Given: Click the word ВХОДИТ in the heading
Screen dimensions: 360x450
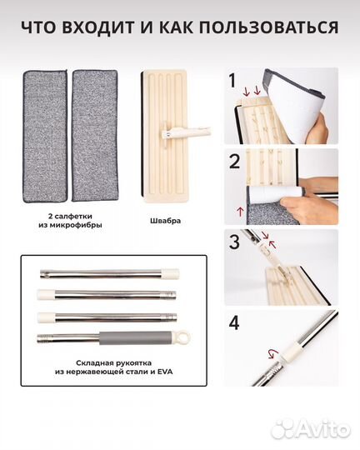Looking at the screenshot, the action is (97, 27).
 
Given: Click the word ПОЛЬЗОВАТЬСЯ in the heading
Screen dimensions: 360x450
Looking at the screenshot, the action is (268, 27).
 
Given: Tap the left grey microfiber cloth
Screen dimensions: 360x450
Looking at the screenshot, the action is (45, 136).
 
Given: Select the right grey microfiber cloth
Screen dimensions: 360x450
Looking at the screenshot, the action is (95, 136).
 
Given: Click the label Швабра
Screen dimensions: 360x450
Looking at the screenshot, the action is (165, 221).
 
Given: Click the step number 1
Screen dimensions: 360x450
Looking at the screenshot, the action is (232, 81).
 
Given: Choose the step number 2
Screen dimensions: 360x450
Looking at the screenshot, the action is (234, 162).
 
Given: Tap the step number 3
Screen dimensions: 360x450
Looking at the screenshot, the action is (234, 242).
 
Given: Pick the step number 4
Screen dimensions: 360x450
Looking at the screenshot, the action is (234, 322).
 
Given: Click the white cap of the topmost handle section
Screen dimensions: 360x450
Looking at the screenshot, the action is (171, 274).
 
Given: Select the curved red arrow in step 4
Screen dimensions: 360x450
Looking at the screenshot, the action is (273, 353).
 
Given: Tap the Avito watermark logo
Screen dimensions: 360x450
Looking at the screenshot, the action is (311, 430).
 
